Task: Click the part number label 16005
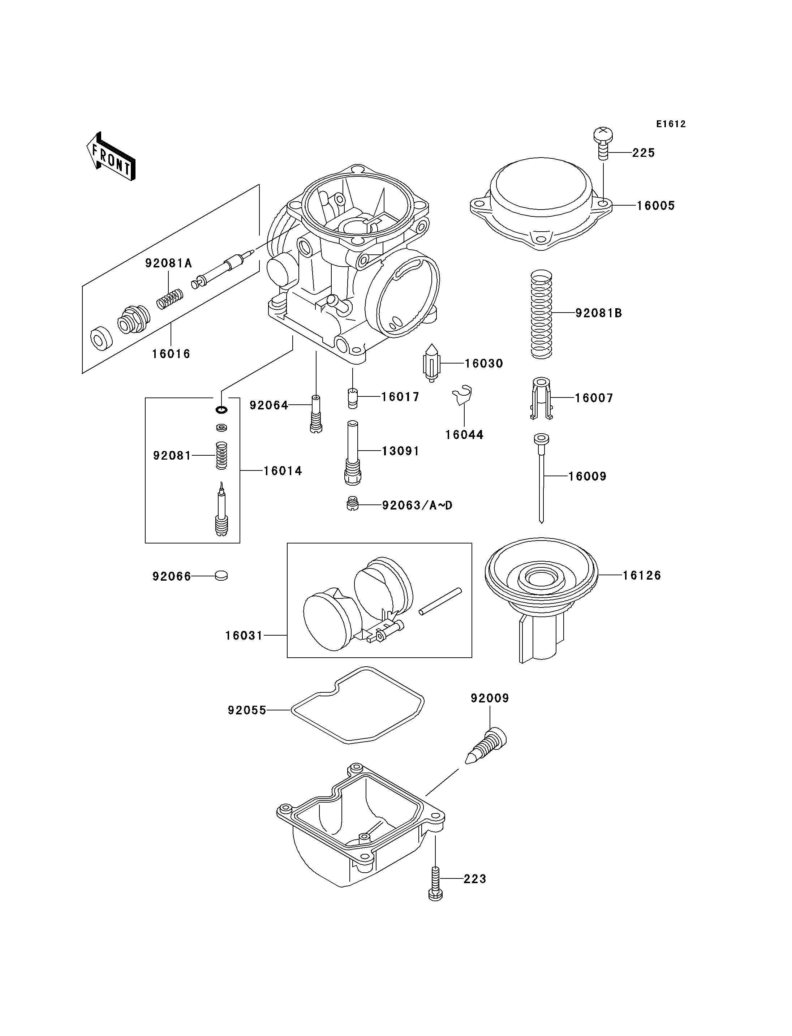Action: [656, 206]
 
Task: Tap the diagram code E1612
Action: [671, 124]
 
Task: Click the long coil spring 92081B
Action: [541, 314]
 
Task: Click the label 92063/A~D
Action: [417, 506]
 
